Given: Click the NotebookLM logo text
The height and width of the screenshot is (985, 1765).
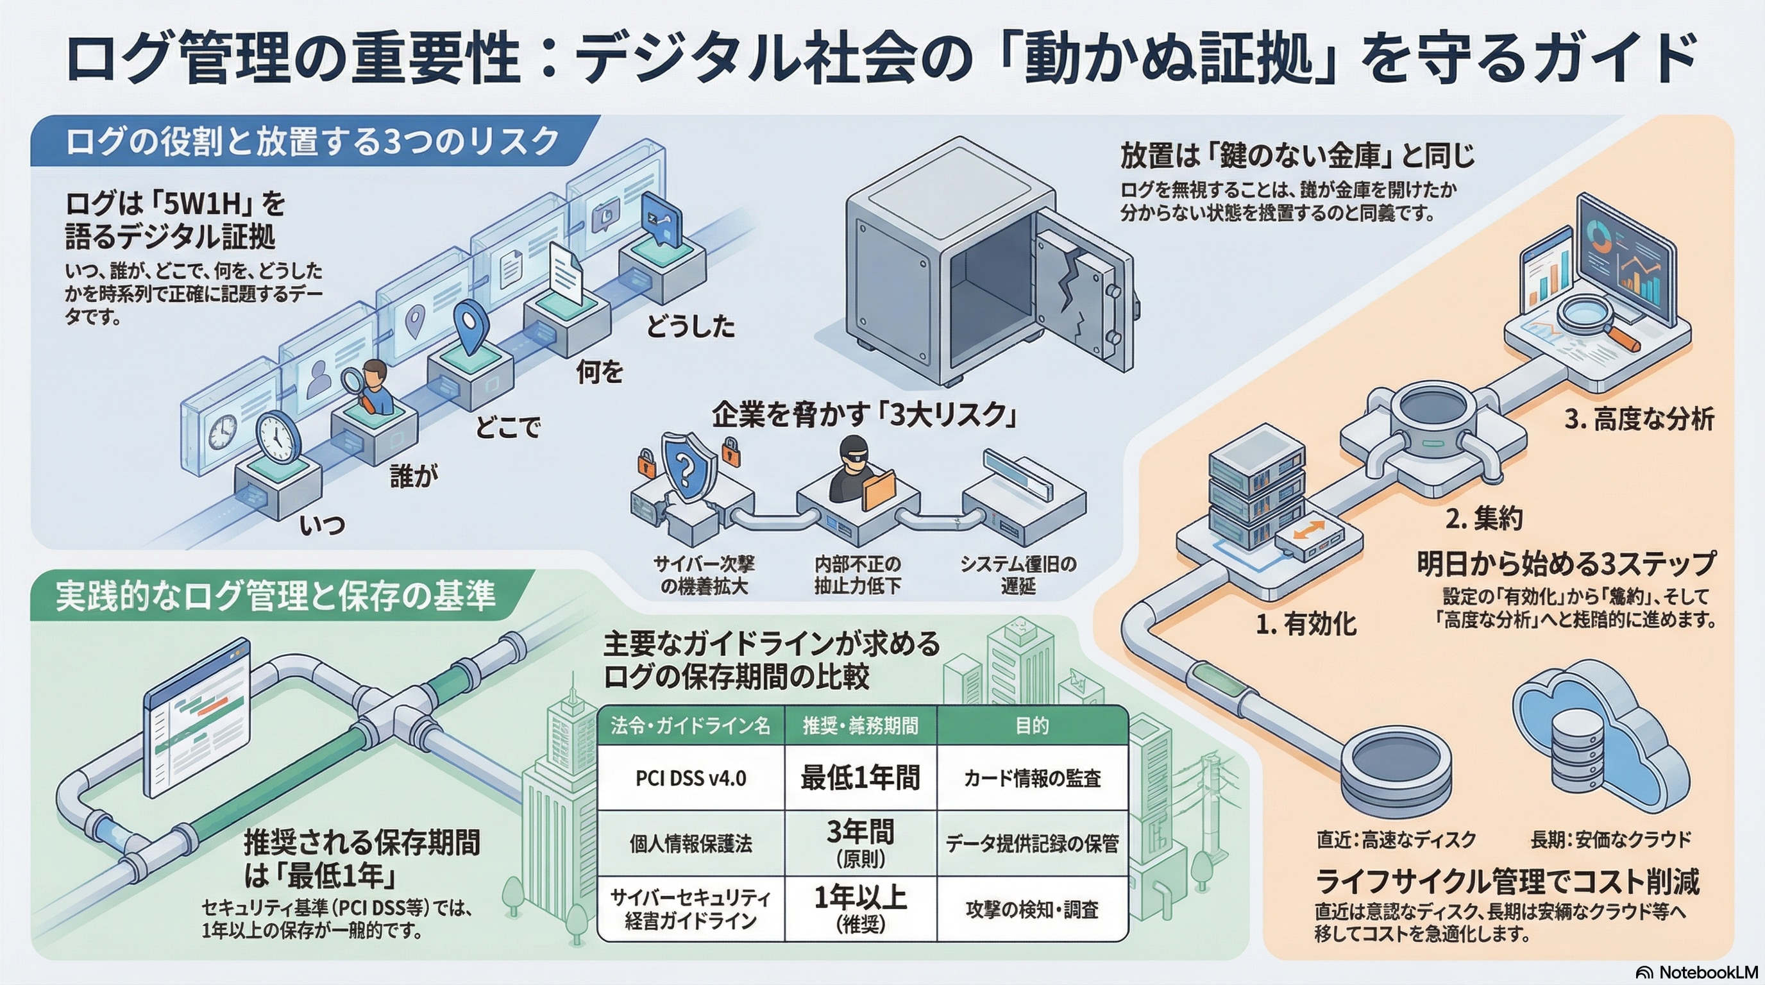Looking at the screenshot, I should point(1707,972).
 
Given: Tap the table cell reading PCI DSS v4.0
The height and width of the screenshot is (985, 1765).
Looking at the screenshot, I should point(691,778).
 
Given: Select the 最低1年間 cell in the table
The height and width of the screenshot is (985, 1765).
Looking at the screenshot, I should point(860,778).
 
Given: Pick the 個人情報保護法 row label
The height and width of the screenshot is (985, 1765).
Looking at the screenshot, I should point(691,843).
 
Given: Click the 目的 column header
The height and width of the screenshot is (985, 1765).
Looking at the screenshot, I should point(1032,725).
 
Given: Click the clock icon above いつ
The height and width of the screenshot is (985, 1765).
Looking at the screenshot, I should point(278,436).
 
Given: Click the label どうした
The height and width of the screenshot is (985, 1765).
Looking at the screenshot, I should point(691,328).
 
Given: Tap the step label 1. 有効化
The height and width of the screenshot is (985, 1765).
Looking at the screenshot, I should point(1306,624).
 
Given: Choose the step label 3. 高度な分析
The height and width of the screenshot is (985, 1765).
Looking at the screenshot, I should point(1639,419).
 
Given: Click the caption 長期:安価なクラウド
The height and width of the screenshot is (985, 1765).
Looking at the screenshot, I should point(1610,839).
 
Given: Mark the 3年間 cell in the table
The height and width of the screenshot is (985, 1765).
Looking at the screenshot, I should point(860,843).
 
